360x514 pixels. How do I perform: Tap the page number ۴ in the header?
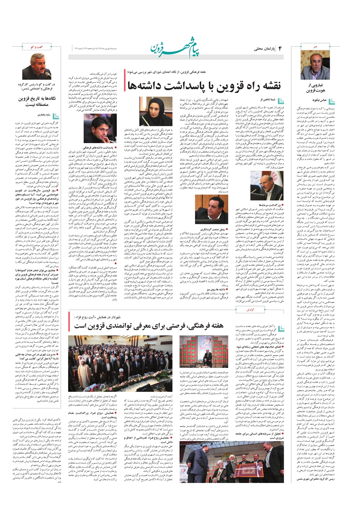point(279,48)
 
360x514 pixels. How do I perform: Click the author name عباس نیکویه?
point(311,100)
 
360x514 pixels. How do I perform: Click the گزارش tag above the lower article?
point(250,310)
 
